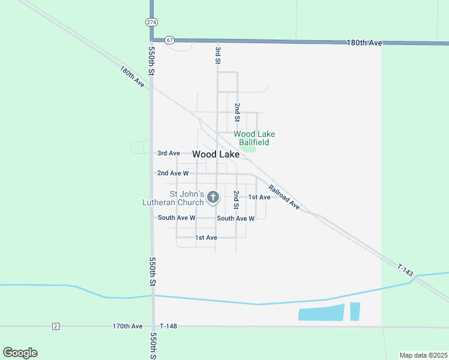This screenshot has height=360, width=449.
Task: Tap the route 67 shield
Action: pyautogui.click(x=170, y=40)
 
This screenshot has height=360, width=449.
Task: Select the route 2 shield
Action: pyautogui.click(x=56, y=326)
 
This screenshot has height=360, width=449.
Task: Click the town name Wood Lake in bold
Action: pyautogui.click(x=216, y=154)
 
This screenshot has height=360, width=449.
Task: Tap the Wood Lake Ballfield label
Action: pyautogui.click(x=254, y=138)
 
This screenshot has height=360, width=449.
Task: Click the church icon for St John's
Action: pyautogui.click(x=212, y=197)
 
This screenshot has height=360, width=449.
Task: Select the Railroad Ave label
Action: pyautogui.click(x=284, y=196)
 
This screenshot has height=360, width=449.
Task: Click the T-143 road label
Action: pyautogui.click(x=405, y=270)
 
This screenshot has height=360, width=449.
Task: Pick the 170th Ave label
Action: pyautogui.click(x=127, y=326)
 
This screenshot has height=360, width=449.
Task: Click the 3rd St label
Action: pyautogui.click(x=218, y=53)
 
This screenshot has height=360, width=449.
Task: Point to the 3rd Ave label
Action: pyautogui.click(x=169, y=154)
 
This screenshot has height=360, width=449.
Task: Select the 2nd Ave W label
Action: pyautogui.click(x=173, y=173)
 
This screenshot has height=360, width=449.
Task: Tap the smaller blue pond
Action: pyautogui.click(x=355, y=311)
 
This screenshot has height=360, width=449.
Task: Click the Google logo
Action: pyautogui.click(x=20, y=353)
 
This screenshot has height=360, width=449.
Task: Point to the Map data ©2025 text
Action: pyautogui.click(x=423, y=355)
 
